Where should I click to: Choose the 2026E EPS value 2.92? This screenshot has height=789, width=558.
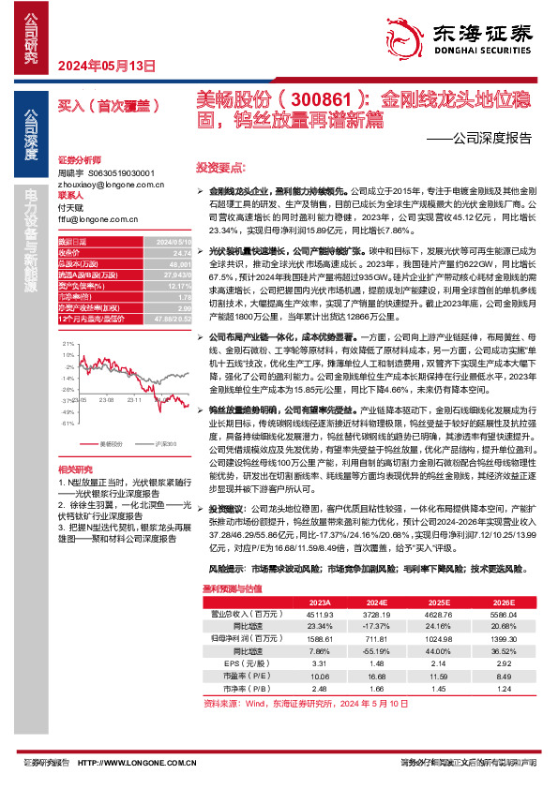tap(479, 662)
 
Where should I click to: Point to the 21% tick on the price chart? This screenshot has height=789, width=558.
tap(67, 346)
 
